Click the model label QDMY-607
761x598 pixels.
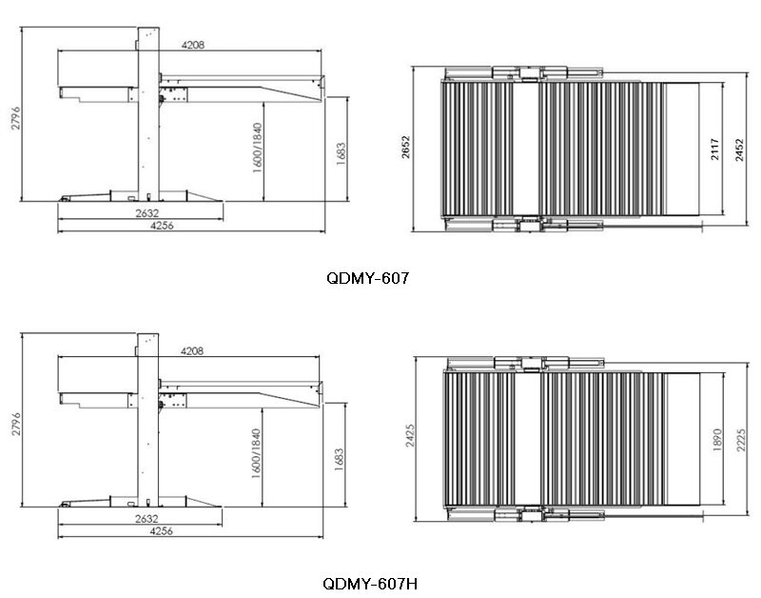tap(368, 278)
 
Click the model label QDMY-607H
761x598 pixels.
tap(370, 584)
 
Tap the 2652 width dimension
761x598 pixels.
tap(406, 147)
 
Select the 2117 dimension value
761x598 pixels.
tap(715, 149)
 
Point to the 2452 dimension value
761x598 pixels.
tap(739, 150)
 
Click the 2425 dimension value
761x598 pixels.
tap(410, 436)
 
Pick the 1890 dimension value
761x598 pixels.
tap(718, 440)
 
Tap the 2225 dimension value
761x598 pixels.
tap(741, 440)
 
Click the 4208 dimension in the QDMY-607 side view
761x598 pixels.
tap(193, 45)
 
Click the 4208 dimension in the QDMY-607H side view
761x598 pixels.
tap(192, 350)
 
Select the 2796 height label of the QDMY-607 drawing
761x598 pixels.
tap(16, 118)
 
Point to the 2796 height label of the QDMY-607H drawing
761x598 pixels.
tap(16, 424)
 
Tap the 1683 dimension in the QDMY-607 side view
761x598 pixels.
tap(341, 153)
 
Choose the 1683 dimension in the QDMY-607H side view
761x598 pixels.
tap(340, 459)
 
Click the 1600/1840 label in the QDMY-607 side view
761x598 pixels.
tap(257, 148)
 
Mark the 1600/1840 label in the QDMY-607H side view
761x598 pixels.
tap(256, 453)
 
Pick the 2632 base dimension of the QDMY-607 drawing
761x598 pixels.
tap(147, 213)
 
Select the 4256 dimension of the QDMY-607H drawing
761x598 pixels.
tap(161, 531)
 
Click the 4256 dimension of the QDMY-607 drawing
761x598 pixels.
tap(162, 226)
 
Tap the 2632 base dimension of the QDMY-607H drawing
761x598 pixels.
tap(146, 519)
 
